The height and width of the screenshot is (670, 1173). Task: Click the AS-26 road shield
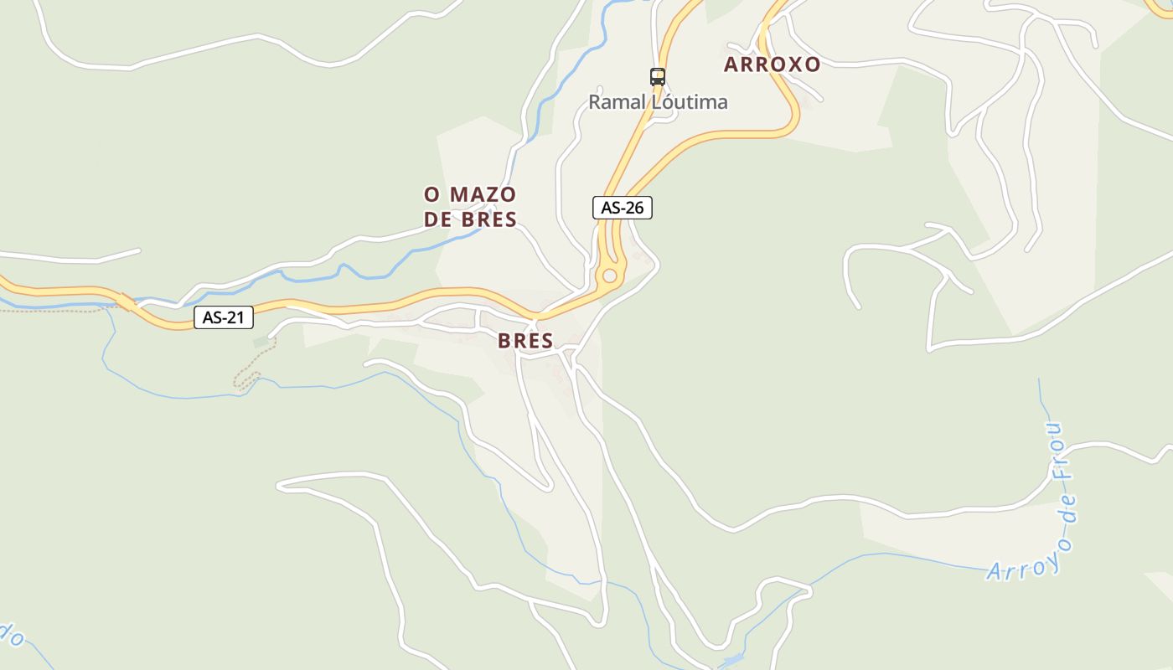click(x=622, y=208)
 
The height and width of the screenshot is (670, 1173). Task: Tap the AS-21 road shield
click(x=223, y=317)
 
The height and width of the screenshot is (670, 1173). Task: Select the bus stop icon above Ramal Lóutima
click(x=658, y=77)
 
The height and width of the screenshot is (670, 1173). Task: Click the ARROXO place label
click(x=772, y=64)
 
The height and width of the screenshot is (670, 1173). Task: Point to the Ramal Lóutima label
click(x=658, y=102)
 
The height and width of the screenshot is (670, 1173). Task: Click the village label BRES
click(x=525, y=341)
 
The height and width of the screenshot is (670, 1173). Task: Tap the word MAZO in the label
click(x=483, y=195)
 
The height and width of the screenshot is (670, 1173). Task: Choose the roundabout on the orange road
click(x=609, y=276)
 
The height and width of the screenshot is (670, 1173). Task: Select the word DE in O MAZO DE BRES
click(x=438, y=220)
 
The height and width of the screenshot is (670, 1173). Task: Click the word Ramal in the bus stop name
click(x=616, y=102)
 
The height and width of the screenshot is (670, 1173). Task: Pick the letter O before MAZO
click(x=432, y=195)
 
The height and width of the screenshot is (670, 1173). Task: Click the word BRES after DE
click(x=488, y=220)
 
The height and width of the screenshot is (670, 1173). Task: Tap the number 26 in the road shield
click(x=634, y=208)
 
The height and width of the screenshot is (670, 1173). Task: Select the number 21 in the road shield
click(x=235, y=317)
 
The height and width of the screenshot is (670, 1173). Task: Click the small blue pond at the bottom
click(x=731, y=661)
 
